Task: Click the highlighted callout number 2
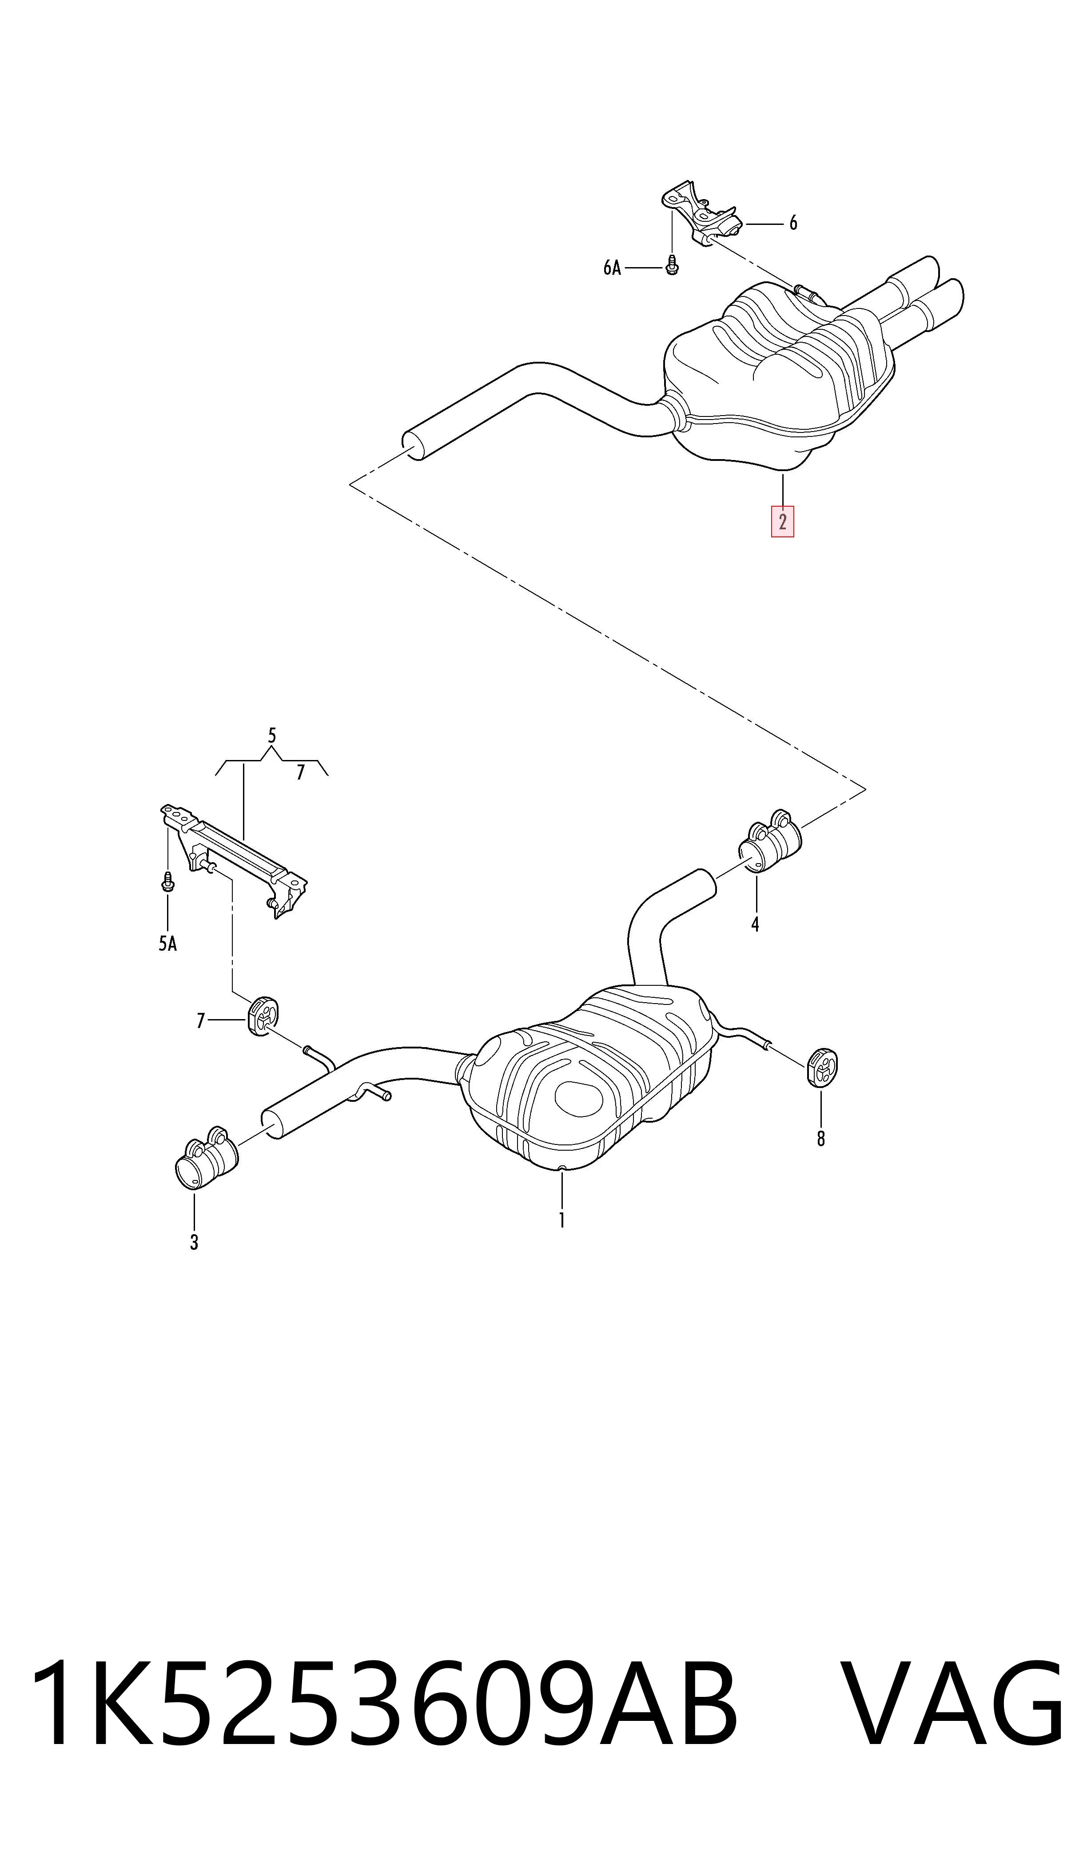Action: [x=782, y=521]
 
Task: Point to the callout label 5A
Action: [x=167, y=944]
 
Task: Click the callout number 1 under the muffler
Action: [x=561, y=1220]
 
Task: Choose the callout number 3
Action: [x=194, y=1242]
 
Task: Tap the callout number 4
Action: [x=755, y=924]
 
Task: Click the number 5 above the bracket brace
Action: [x=272, y=736]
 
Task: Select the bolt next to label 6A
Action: [x=671, y=265]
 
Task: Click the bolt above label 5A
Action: [x=167, y=881]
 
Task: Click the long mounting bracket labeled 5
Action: [x=234, y=860]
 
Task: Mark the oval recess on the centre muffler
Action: [x=579, y=1098]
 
